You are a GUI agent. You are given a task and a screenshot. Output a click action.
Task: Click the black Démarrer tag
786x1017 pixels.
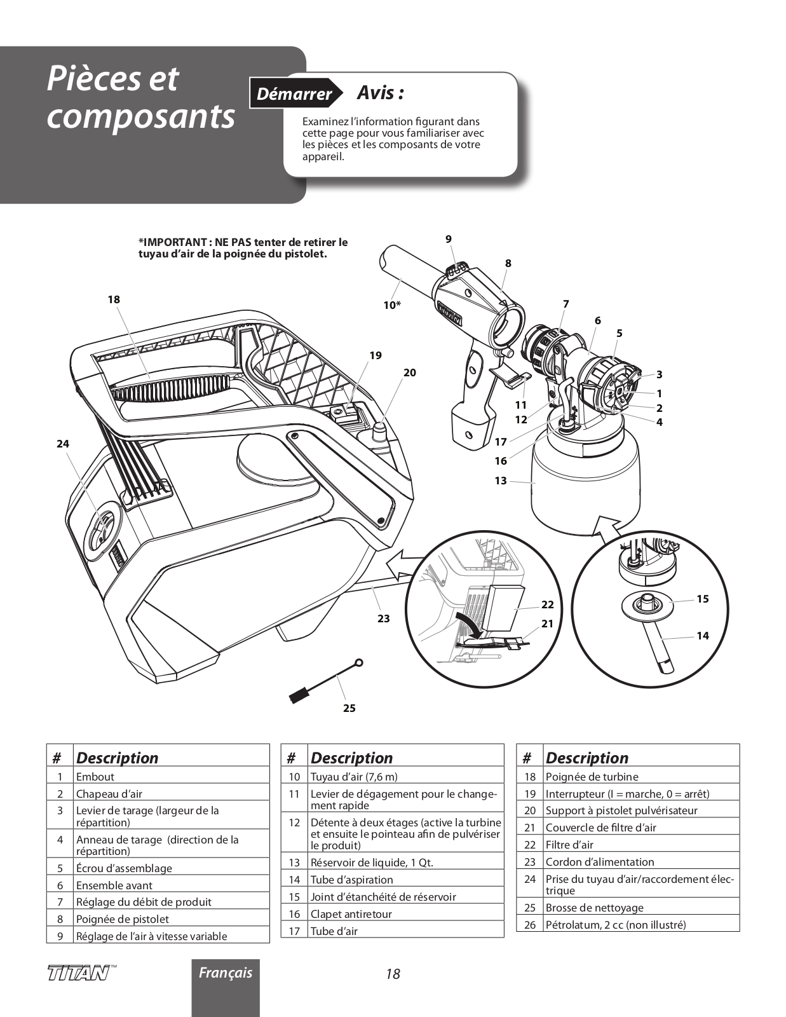click(x=294, y=94)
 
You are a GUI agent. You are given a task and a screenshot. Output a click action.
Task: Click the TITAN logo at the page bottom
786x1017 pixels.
click(x=78, y=973)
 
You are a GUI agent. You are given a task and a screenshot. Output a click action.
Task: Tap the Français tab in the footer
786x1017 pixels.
click(x=226, y=973)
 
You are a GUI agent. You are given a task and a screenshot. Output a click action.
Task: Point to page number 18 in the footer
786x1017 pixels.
click(x=393, y=974)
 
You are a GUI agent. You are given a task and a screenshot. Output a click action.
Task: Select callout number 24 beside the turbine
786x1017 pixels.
click(x=62, y=444)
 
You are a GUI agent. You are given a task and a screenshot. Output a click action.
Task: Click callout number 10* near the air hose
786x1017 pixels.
click(x=392, y=305)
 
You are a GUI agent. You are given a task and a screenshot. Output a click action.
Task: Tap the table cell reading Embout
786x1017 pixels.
click(x=95, y=776)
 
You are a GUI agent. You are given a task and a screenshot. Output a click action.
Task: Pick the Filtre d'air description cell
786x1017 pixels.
click(x=571, y=845)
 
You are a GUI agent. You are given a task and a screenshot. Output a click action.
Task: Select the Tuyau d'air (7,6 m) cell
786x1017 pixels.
click(x=354, y=776)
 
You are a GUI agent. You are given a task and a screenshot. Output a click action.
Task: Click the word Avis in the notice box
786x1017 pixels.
click(x=380, y=93)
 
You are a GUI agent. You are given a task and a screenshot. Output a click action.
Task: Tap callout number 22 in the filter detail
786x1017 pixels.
click(x=547, y=604)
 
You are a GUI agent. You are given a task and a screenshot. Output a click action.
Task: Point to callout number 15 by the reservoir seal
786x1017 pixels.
click(x=702, y=599)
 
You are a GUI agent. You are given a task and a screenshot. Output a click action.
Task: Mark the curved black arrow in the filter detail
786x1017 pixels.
click(x=469, y=624)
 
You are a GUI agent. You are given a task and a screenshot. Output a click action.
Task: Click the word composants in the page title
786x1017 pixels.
click(x=140, y=116)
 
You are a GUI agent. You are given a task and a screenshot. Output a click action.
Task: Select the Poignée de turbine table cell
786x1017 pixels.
click(x=592, y=776)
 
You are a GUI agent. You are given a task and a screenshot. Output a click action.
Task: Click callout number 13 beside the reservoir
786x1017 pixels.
click(x=501, y=481)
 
